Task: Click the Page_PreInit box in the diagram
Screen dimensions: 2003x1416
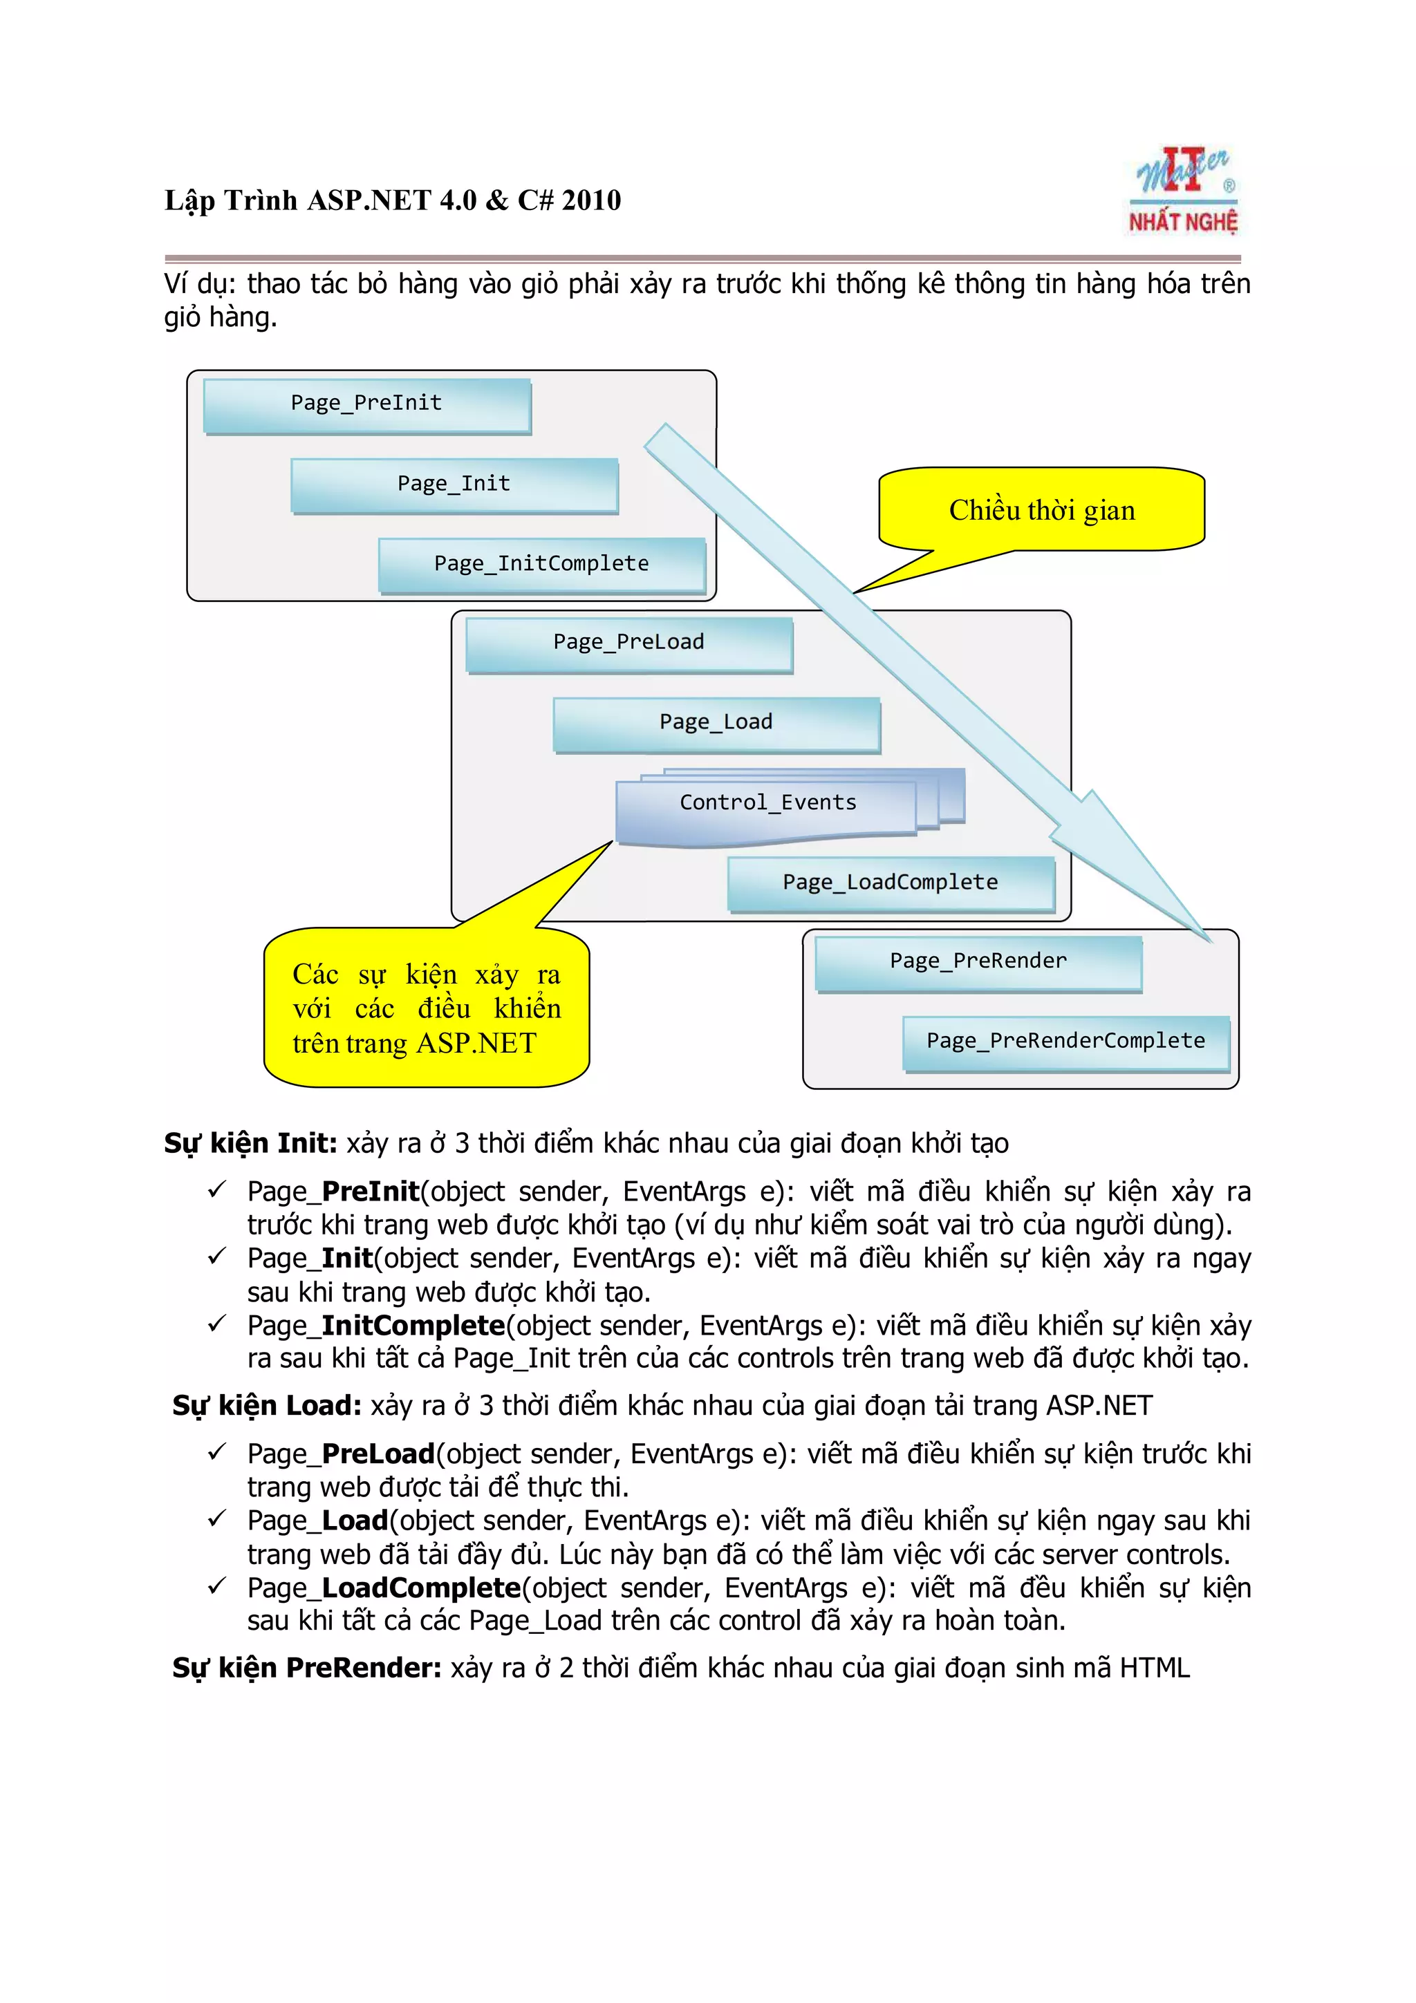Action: click(x=366, y=405)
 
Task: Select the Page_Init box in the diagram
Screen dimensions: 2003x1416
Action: click(x=454, y=485)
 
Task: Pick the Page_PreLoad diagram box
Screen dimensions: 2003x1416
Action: click(x=628, y=644)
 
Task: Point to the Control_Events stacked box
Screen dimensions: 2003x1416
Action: click(x=767, y=805)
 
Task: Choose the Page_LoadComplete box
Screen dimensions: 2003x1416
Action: click(x=890, y=884)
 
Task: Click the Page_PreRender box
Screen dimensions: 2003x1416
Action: click(x=977, y=962)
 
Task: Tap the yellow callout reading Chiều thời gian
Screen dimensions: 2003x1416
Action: click(x=1042, y=510)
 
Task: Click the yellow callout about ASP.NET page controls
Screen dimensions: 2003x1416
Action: click(x=427, y=1008)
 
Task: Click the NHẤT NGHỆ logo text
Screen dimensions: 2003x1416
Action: click(x=1183, y=223)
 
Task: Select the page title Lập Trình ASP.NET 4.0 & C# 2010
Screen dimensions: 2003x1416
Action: click(x=393, y=200)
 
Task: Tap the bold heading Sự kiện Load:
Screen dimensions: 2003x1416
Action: click(x=266, y=1405)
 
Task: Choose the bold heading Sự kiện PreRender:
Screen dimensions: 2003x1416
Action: click(x=306, y=1668)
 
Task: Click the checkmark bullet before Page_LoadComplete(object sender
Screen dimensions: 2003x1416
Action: click(x=216, y=1586)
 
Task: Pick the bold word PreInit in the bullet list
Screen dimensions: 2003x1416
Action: click(x=370, y=1192)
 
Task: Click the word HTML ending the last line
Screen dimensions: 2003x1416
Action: click(x=1153, y=1668)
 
